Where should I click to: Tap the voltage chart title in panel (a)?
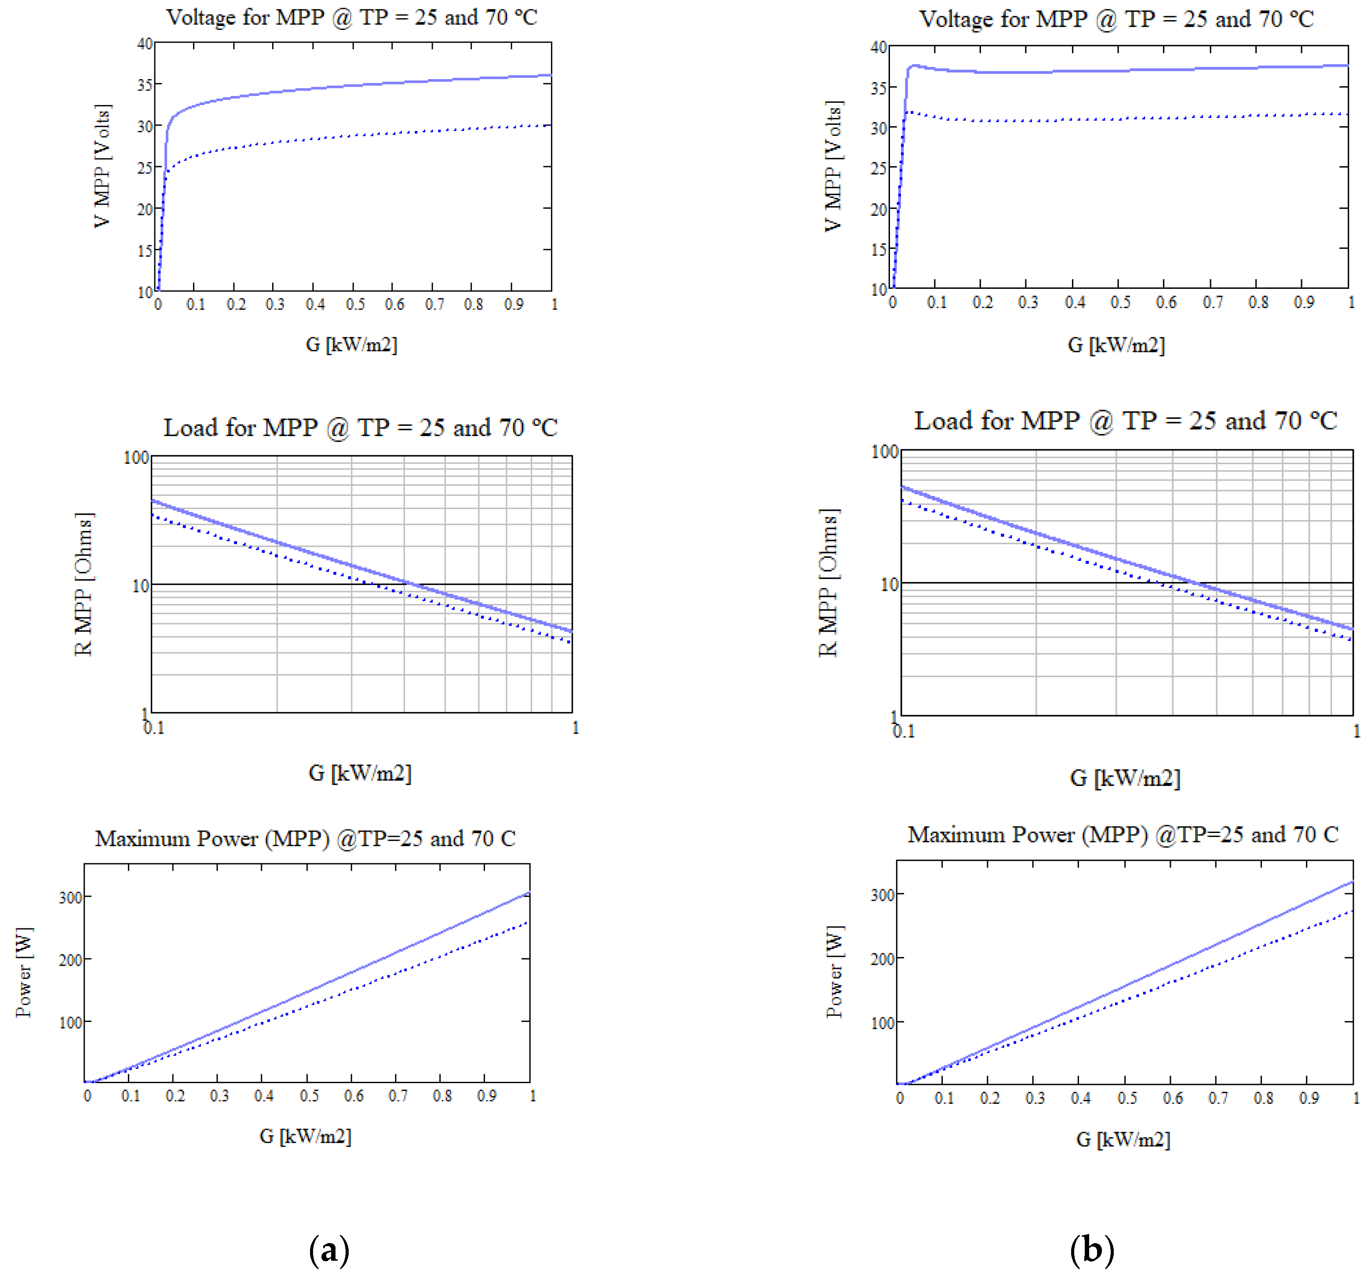click(352, 17)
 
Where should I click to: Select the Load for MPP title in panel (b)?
click(1126, 421)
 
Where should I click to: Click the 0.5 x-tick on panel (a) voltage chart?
click(355, 304)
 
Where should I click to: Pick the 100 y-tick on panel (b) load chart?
click(885, 452)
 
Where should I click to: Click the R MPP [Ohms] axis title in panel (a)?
click(84, 584)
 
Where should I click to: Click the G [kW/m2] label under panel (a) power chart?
click(306, 1136)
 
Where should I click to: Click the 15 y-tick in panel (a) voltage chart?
click(144, 250)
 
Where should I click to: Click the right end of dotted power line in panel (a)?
click(528, 922)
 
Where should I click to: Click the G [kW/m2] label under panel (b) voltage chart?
click(1116, 345)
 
